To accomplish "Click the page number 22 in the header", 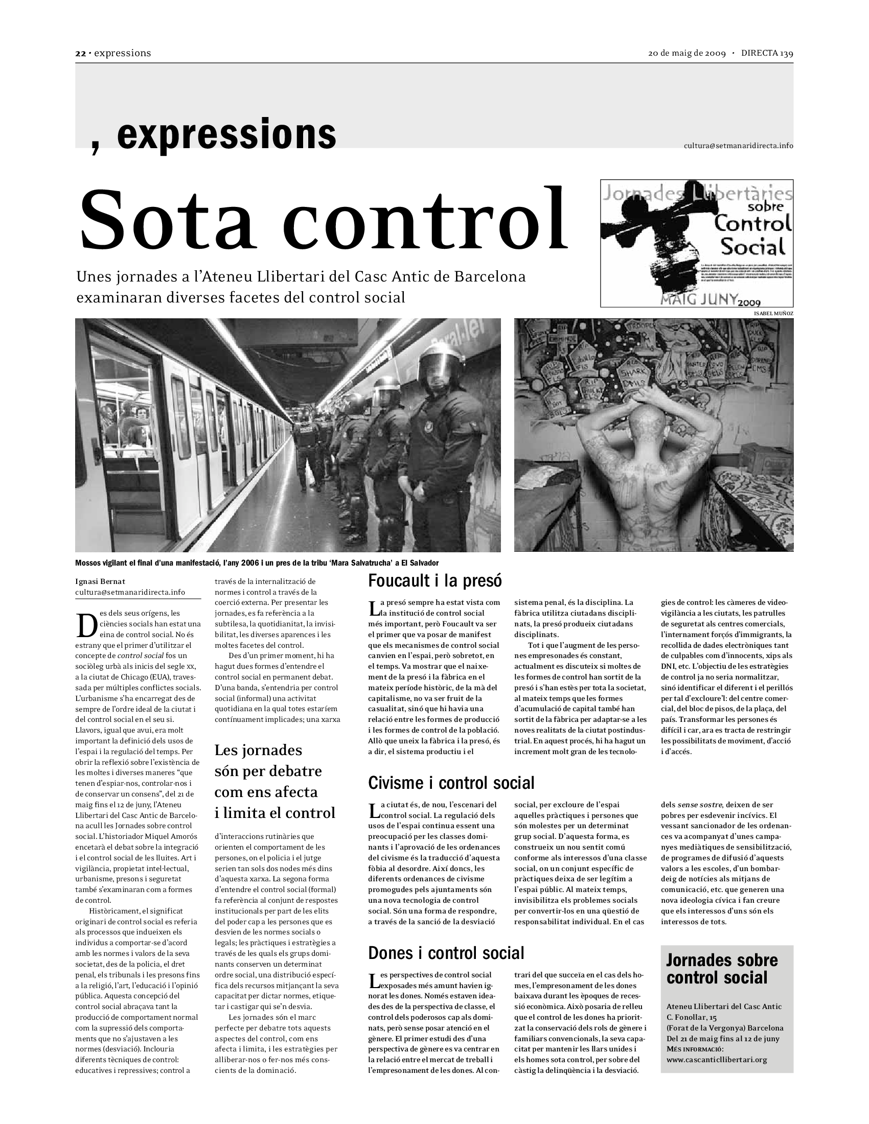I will (80, 54).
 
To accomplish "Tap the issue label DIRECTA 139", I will (767, 54).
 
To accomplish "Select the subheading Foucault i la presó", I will (435, 581).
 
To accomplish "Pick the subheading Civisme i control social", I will (451, 783).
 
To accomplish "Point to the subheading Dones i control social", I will (446, 953).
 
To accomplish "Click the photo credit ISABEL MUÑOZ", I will (773, 313).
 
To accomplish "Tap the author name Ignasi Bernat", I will (100, 581).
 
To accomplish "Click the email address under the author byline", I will (130, 592).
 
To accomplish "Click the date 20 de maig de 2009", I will (686, 54).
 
